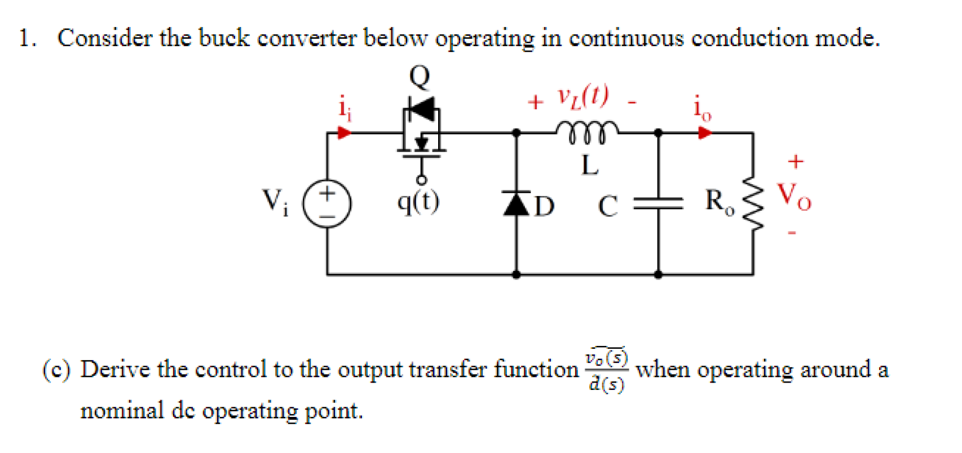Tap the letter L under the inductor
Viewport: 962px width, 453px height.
tap(590, 166)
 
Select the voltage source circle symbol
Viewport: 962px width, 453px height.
tap(327, 203)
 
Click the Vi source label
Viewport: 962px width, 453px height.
tap(275, 201)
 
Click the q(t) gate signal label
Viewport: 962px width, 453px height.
tap(418, 201)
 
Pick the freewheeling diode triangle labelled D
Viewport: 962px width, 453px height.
tap(517, 203)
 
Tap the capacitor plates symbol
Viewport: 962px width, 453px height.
tap(658, 203)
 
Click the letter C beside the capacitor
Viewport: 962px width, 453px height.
tap(608, 206)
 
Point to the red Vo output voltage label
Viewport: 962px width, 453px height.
tap(794, 196)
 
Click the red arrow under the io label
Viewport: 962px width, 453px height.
tap(704, 133)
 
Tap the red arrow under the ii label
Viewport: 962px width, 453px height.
tap(343, 133)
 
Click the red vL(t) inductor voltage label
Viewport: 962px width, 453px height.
tap(584, 97)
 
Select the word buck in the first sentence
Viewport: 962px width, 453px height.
tap(224, 38)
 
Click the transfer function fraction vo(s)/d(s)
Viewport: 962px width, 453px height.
tap(606, 370)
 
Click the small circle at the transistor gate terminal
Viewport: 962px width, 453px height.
tap(421, 180)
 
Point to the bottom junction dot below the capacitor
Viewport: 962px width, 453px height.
tap(658, 275)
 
